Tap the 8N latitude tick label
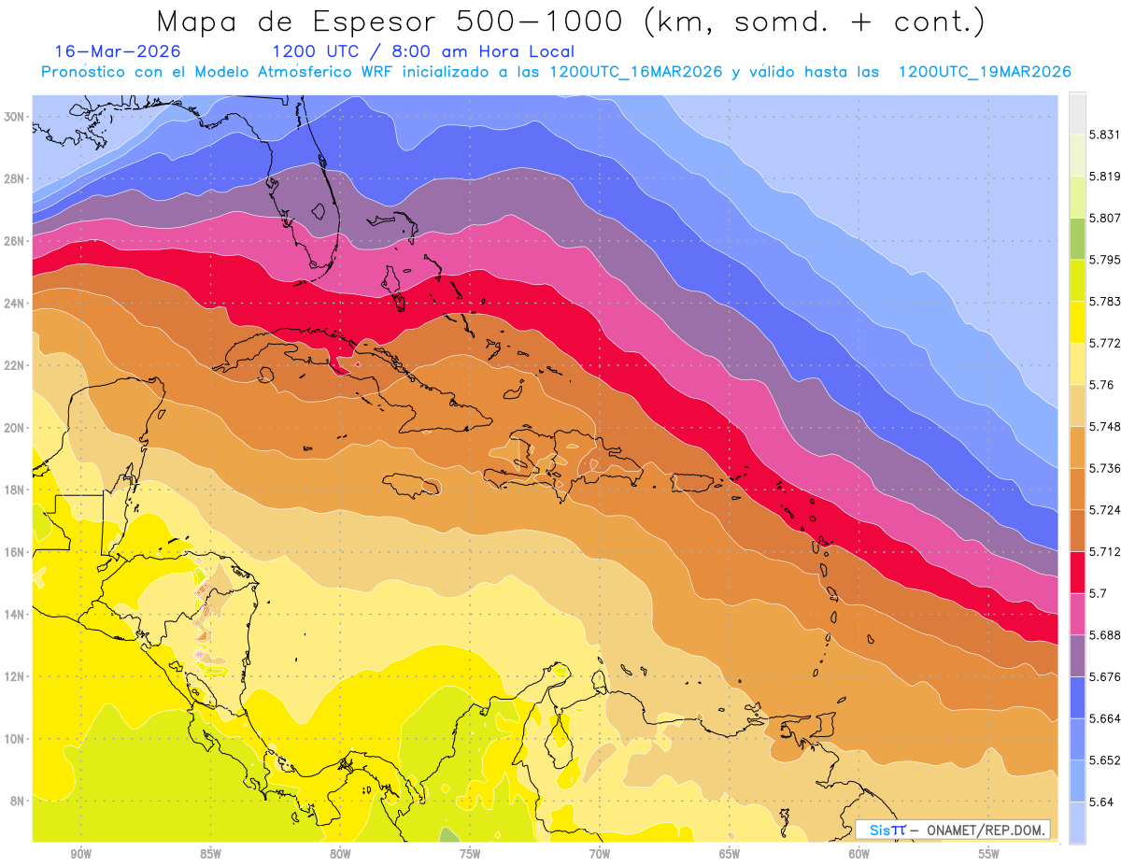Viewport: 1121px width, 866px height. (x=16, y=802)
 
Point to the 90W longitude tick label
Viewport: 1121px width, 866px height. (x=80, y=853)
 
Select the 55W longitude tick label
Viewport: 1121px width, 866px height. (x=988, y=853)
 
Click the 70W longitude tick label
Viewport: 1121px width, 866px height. (x=599, y=853)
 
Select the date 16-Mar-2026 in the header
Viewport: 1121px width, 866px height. (x=118, y=51)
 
